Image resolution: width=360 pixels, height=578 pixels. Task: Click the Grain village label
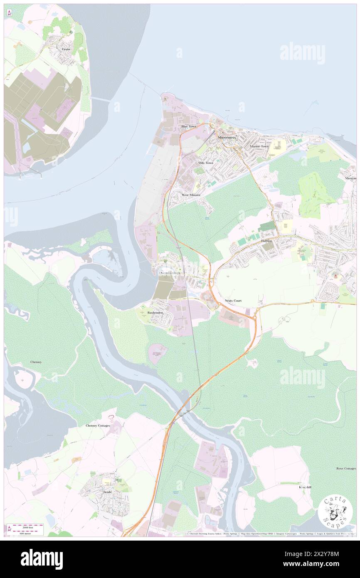(x=66, y=49)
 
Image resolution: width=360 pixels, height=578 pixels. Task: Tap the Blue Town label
(x=188, y=126)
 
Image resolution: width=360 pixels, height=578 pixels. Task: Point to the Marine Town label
(x=259, y=147)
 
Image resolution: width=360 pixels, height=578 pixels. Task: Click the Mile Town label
(x=205, y=163)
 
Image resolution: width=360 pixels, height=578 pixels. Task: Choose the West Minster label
(x=191, y=195)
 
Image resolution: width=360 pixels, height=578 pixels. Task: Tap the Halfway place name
(x=266, y=241)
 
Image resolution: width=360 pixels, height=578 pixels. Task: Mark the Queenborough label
(x=170, y=273)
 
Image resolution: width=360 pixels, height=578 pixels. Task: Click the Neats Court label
(x=233, y=300)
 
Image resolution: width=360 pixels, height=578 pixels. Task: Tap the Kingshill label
(x=305, y=487)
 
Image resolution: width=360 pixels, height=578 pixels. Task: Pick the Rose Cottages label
(x=346, y=469)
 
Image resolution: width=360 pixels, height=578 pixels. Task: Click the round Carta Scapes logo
(x=335, y=512)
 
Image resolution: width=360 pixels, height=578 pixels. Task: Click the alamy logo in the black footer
(x=42, y=559)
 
